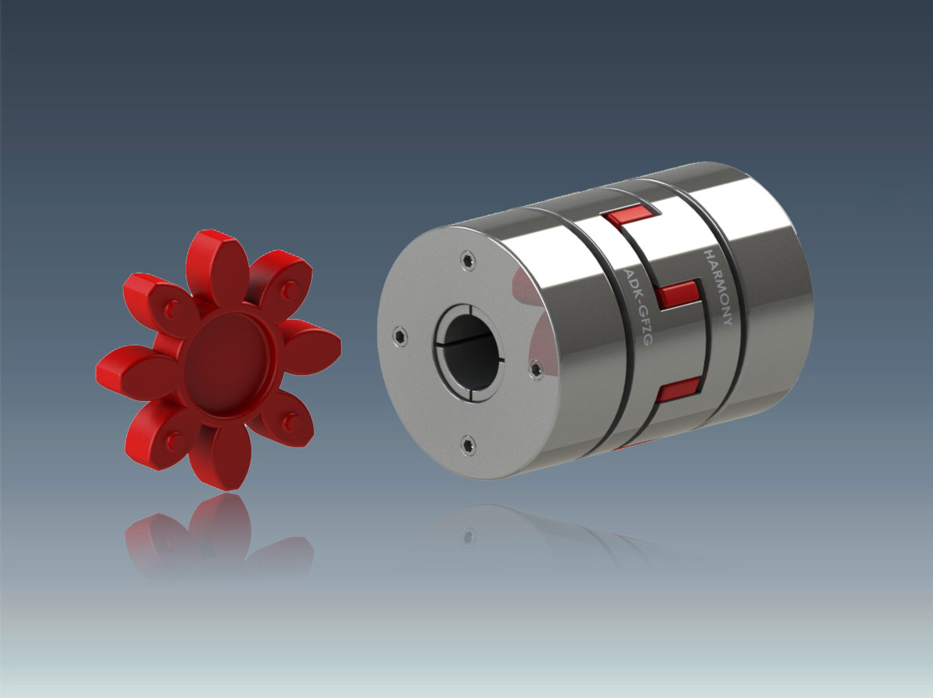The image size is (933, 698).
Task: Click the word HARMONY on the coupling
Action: click(718, 288)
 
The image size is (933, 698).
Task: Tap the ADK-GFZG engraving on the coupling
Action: click(638, 306)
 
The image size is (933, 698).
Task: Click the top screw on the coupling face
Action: click(468, 260)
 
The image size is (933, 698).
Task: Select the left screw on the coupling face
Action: click(400, 336)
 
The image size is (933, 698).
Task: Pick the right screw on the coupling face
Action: click(536, 369)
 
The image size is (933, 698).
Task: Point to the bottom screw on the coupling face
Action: click(468, 444)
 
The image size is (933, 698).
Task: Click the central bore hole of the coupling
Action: click(469, 353)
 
